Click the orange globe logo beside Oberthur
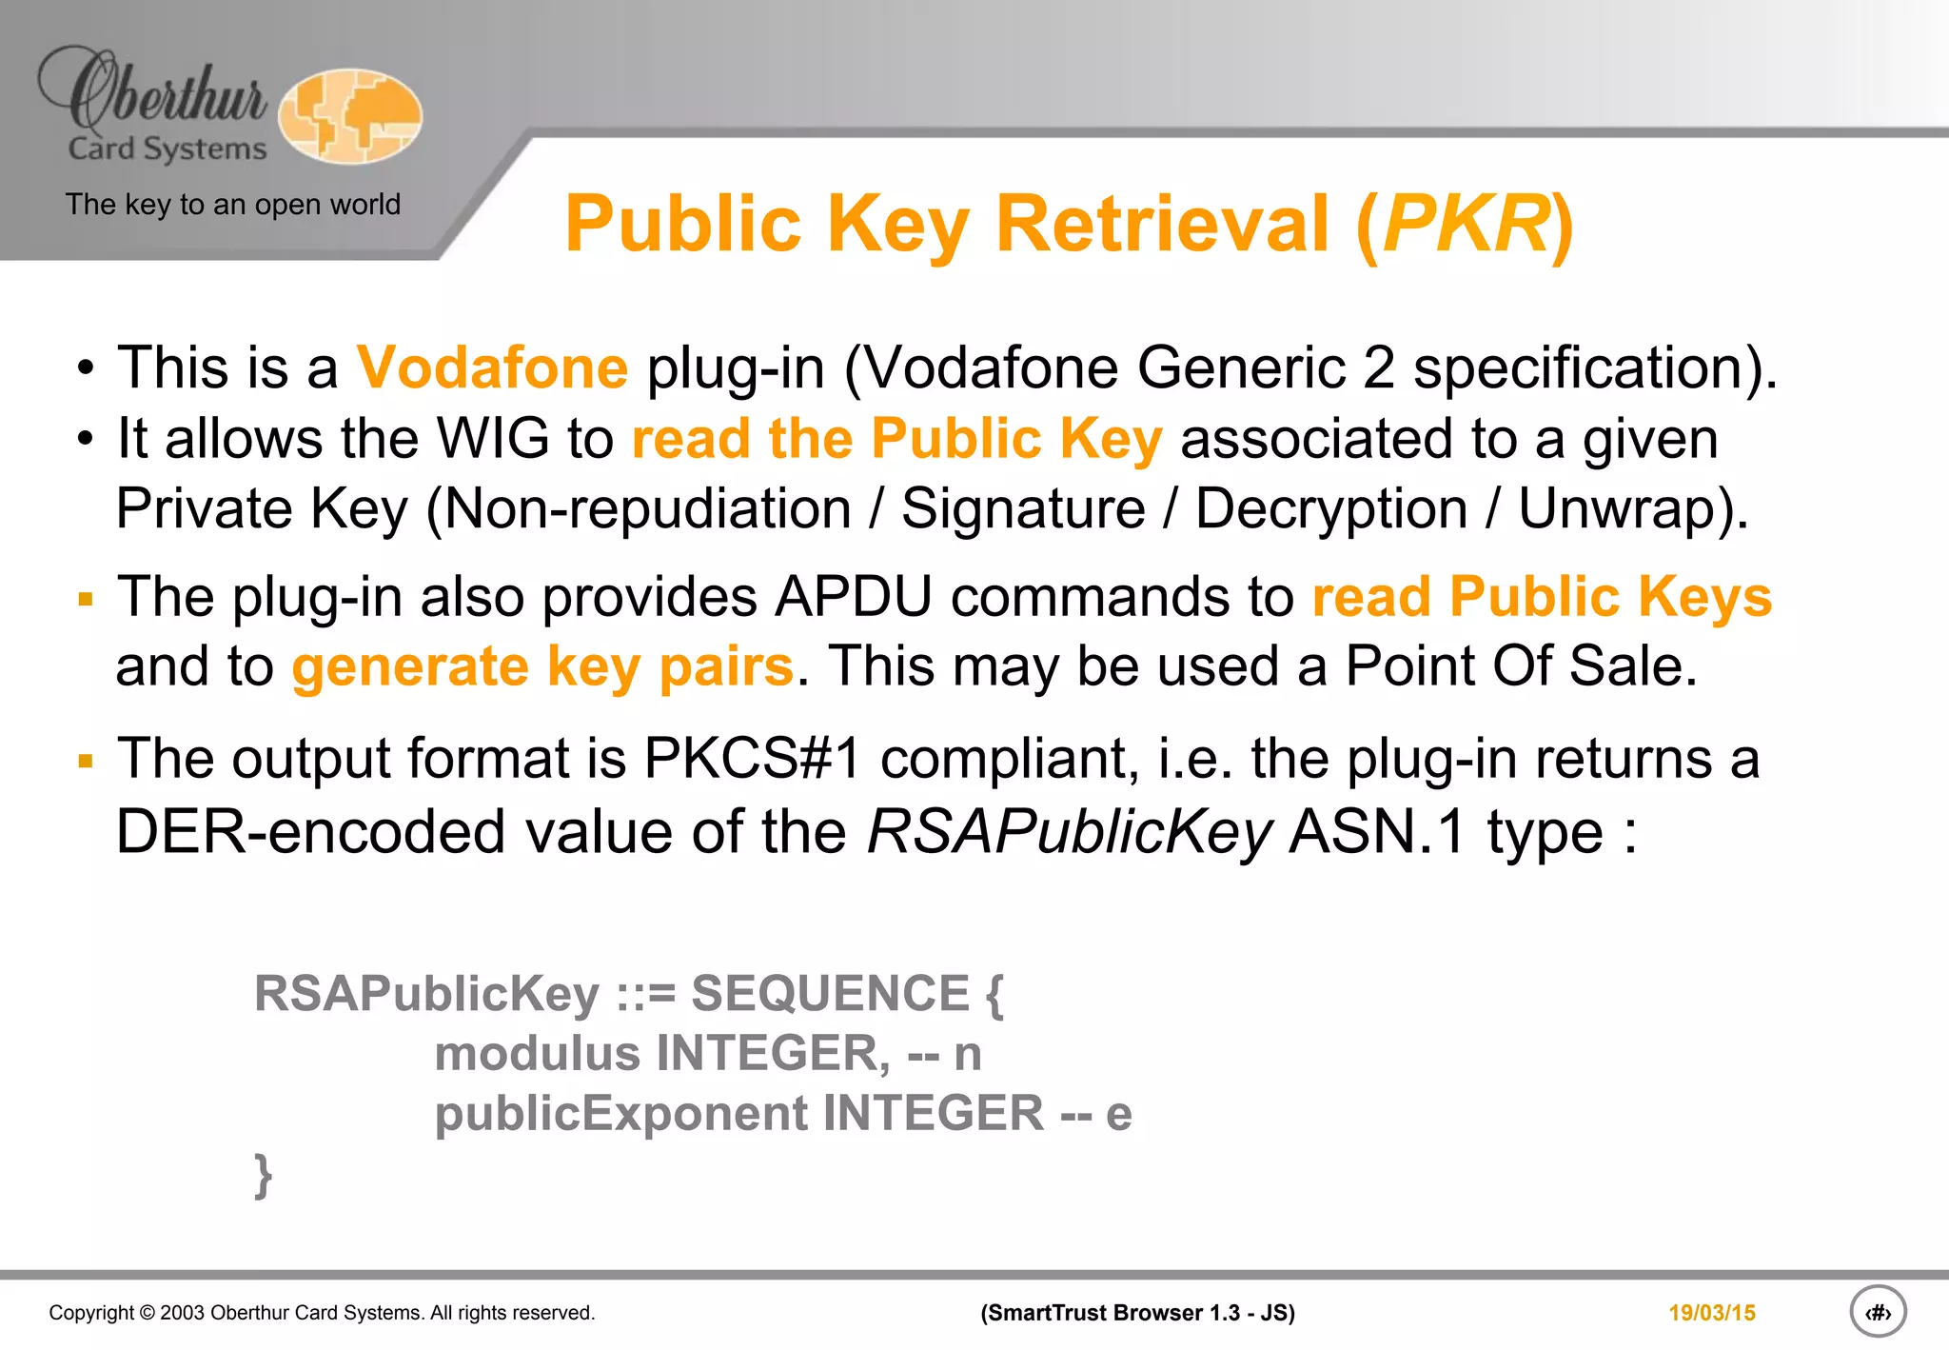pos(350,116)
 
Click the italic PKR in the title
pos(1466,225)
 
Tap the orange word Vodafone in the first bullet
pos(492,367)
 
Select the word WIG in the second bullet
pos(493,439)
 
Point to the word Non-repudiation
pos(647,508)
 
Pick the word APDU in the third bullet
pos(854,598)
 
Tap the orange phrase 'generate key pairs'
pos(542,666)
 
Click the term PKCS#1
pos(752,759)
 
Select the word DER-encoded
pos(310,832)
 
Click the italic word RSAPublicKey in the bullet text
pos(1069,832)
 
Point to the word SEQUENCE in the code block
pos(830,994)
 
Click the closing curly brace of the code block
pos(264,1176)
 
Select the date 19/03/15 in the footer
pos(1711,1313)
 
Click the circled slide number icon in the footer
pos(1877,1313)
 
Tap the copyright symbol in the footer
pos(147,1313)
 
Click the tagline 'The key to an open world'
pos(233,205)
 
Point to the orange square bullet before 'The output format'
pos(87,761)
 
